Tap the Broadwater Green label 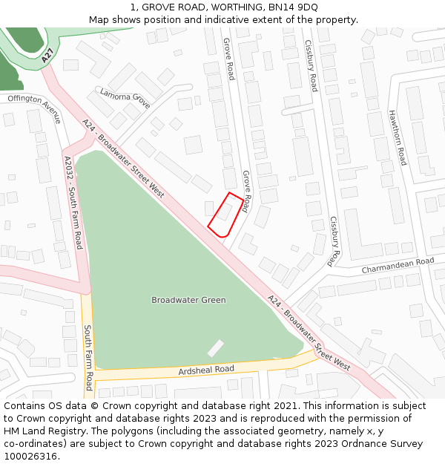click(x=188, y=300)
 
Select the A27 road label click(x=48, y=55)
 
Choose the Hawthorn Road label click(x=398, y=137)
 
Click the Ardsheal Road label click(x=206, y=370)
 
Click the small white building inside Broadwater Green click(x=215, y=347)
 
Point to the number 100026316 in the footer click(x=30, y=456)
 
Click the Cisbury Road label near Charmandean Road click(x=334, y=241)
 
